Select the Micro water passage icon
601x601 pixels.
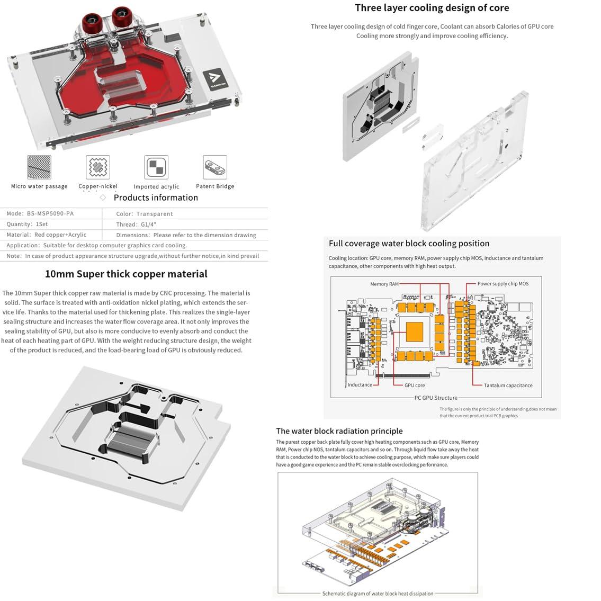[39, 167]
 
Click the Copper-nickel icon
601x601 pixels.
[98, 167]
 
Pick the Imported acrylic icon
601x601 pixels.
[156, 167]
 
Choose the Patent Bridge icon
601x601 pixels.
[215, 167]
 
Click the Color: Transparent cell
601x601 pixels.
[145, 214]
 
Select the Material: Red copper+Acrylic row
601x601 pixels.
[47, 235]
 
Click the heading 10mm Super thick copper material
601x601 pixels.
[126, 274]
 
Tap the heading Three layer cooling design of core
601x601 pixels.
[432, 8]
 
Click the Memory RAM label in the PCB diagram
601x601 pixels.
[384, 284]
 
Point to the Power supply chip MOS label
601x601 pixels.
[503, 284]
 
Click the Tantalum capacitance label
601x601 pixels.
[508, 385]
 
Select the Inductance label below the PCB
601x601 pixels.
[360, 385]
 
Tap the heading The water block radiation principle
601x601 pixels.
[339, 431]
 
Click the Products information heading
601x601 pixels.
[156, 198]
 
